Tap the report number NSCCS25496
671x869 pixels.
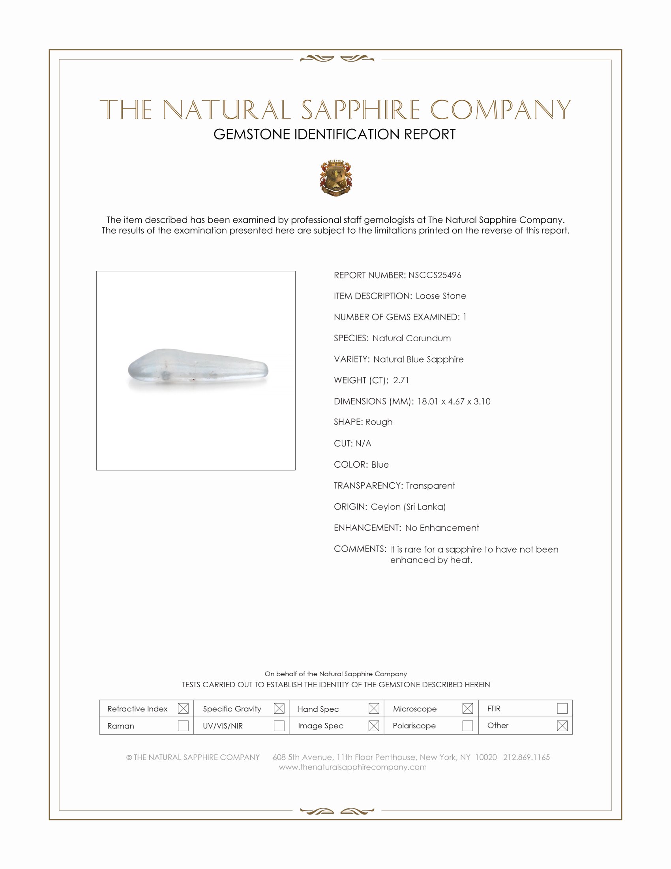[435, 275]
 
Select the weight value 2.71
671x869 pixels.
[401, 380]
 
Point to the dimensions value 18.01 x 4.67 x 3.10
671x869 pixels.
[454, 401]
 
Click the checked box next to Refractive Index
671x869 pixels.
[183, 708]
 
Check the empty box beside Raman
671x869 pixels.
[183, 726]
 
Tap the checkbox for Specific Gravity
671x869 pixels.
[279, 708]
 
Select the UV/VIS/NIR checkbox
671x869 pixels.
[279, 726]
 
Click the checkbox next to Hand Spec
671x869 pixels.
[374, 708]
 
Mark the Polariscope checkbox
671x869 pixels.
[468, 726]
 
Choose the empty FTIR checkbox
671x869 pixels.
[562, 708]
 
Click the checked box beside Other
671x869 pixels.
[562, 726]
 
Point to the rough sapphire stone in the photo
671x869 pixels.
[198, 369]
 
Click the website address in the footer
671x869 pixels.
[352, 767]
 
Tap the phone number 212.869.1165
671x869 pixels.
[526, 757]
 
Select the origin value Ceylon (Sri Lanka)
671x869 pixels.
[408, 506]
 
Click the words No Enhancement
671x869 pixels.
[442, 528]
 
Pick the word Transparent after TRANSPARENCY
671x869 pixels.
[430, 485]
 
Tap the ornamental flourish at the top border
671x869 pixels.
[337, 59]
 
